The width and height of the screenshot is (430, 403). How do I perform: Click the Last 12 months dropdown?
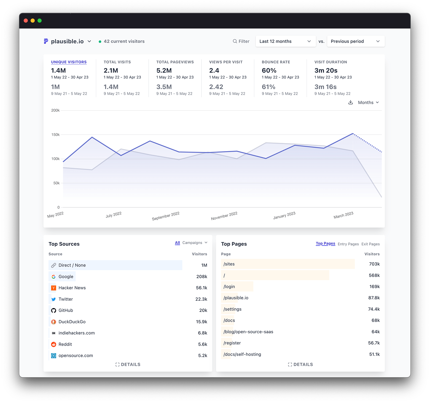tap(285, 41)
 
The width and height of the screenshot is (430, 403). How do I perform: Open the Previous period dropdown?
tap(356, 41)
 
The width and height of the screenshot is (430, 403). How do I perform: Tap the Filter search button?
tap(241, 41)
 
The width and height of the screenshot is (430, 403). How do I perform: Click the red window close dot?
tap(26, 21)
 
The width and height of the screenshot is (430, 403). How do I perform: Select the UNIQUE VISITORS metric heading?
tap(69, 62)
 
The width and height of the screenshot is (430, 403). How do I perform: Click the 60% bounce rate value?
tap(269, 71)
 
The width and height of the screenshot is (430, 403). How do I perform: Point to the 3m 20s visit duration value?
tap(326, 71)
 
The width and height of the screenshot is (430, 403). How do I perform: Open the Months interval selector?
tap(368, 103)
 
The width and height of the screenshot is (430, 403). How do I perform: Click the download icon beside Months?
tap(350, 102)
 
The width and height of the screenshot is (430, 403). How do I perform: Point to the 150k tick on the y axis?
tap(56, 135)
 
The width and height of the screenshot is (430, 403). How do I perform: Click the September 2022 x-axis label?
tap(166, 216)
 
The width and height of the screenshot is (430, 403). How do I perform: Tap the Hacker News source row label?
tap(72, 288)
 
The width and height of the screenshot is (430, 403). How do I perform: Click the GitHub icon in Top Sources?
tap(54, 310)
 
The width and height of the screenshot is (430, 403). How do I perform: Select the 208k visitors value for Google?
tap(202, 277)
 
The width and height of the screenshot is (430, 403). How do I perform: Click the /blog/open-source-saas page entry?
tap(248, 332)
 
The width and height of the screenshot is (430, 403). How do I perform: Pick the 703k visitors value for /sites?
tap(374, 264)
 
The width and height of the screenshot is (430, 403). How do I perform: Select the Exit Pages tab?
tap(370, 244)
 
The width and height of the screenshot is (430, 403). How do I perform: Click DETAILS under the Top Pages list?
tap(300, 365)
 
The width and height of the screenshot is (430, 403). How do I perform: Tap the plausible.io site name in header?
tap(67, 41)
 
